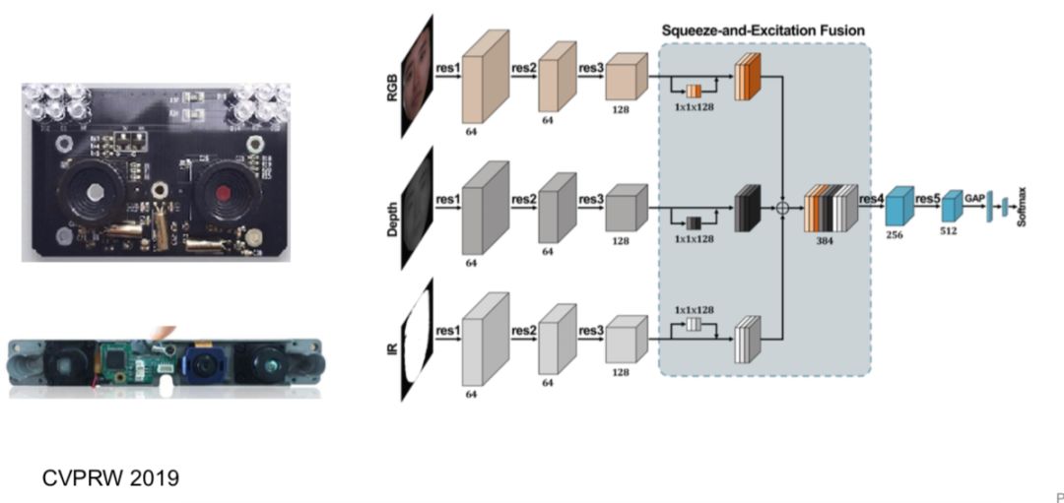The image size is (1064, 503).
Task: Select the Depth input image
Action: click(418, 208)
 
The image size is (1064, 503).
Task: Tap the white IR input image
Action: click(418, 341)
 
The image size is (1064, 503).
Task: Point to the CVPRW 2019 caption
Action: click(110, 478)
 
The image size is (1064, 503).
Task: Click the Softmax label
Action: click(1022, 207)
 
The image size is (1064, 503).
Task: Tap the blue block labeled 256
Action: click(899, 208)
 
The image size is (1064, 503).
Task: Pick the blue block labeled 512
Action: click(951, 207)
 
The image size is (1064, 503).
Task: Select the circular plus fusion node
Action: click(782, 208)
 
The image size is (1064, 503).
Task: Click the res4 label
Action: click(871, 198)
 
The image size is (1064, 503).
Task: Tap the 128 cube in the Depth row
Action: click(624, 208)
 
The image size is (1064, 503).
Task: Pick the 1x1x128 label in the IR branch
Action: click(694, 309)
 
